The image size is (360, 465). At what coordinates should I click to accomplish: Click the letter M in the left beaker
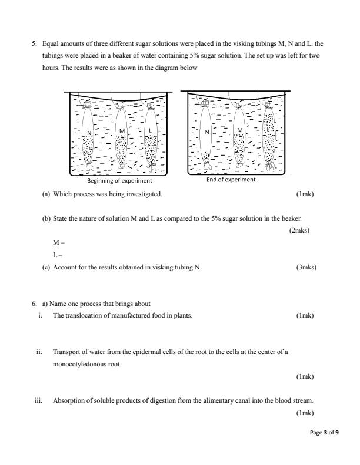pos(121,130)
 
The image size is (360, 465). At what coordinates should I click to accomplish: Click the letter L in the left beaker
pos(151,130)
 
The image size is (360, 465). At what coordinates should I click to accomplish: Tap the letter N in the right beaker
pos(207,133)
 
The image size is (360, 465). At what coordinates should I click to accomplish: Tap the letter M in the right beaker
pos(239,130)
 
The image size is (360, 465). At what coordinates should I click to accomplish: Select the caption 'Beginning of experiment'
pos(119,181)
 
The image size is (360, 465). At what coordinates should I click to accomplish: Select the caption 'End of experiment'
pos(231,180)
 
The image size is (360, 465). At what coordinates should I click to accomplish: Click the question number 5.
pos(34,43)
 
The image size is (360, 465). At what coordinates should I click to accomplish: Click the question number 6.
pos(34,304)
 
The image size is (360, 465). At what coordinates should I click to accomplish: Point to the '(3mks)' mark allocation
pos(306,267)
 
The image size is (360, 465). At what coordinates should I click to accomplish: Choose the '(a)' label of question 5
pos(45,193)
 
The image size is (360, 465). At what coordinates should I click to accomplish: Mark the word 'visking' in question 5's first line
pos(244,43)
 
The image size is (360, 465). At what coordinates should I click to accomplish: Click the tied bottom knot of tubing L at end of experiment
pos(270,169)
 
